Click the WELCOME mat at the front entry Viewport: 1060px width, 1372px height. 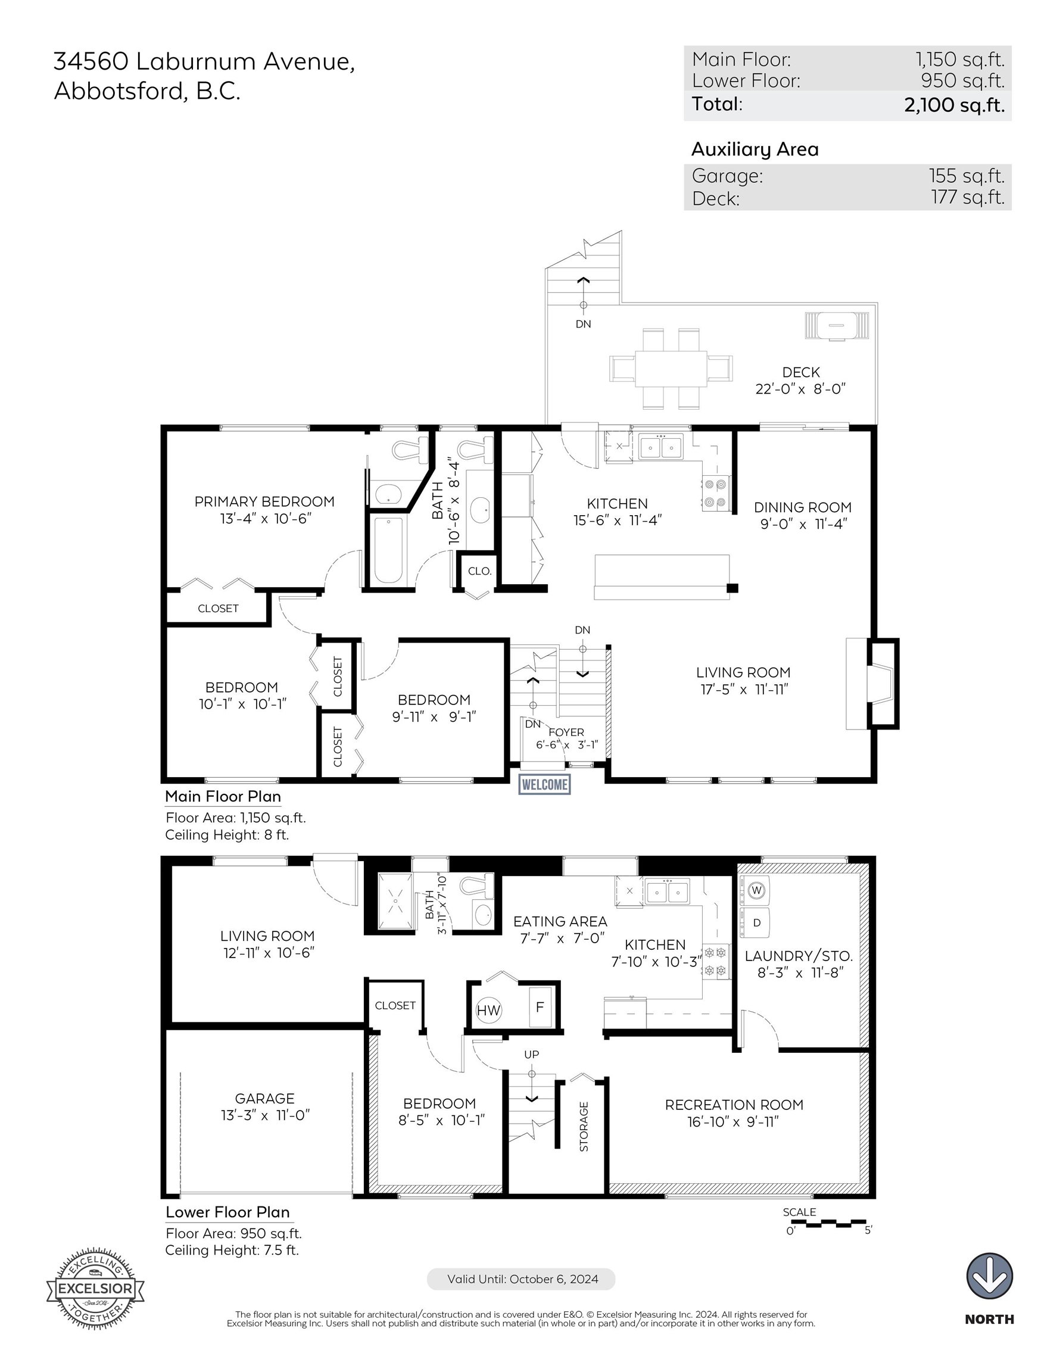coord(545,785)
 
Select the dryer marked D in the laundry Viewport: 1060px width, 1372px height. coord(756,923)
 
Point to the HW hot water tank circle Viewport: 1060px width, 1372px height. coord(488,1009)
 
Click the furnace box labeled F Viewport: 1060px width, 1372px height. coord(539,1007)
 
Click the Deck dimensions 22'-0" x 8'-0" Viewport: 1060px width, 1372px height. coord(800,389)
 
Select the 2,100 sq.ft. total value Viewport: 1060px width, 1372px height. coord(955,105)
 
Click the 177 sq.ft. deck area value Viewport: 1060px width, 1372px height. coord(968,197)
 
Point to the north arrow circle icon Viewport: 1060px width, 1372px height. coord(989,1276)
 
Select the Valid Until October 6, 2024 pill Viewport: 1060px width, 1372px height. coord(521,1279)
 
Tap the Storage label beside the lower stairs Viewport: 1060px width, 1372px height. coord(584,1127)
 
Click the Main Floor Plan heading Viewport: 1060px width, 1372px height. coord(223,797)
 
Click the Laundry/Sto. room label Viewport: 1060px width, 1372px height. coord(799,956)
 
